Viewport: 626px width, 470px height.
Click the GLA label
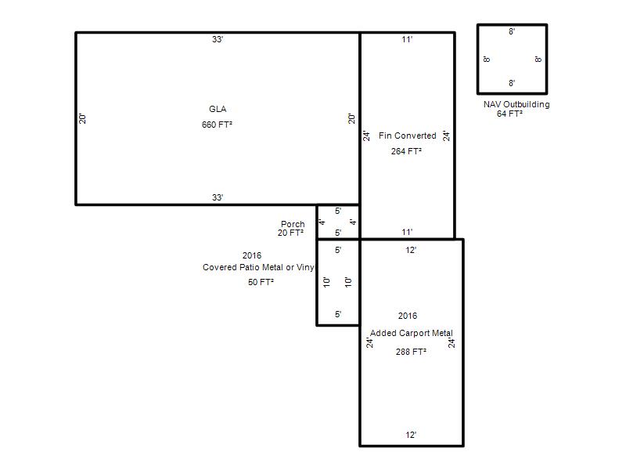tap(218, 109)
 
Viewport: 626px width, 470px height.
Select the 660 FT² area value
tap(217, 125)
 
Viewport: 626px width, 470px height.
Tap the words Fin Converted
tap(407, 136)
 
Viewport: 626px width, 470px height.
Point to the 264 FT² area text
tap(406, 151)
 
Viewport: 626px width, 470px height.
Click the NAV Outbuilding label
tap(516, 104)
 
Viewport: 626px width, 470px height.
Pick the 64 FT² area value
tap(510, 114)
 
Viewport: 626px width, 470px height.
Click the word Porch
tap(293, 224)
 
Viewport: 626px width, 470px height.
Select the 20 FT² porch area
tap(290, 233)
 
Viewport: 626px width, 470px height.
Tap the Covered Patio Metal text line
tap(258, 267)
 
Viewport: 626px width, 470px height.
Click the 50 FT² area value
tap(261, 282)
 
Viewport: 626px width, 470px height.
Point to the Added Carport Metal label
tap(412, 334)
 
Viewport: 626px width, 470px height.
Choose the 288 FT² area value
tap(412, 352)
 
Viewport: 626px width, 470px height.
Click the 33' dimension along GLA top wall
tap(218, 39)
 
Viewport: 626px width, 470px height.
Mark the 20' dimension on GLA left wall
tap(82, 119)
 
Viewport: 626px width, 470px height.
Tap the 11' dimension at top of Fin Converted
tap(407, 39)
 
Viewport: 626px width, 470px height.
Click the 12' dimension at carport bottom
tap(412, 435)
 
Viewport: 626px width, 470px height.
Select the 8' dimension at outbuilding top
tap(512, 31)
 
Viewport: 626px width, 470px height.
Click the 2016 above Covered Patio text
tap(252, 256)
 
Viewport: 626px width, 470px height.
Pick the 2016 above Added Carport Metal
tap(408, 316)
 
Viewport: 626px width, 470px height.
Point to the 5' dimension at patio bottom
tap(338, 315)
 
